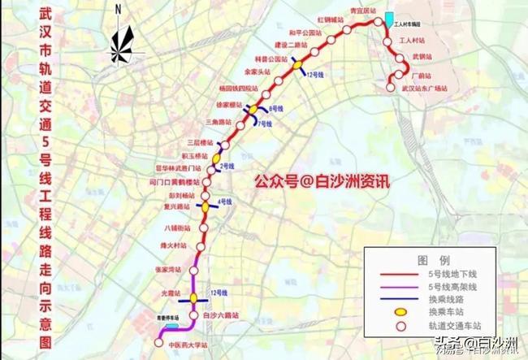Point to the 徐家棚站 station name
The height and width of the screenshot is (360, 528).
(x=228, y=106)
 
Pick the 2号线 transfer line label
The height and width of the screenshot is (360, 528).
(x=227, y=165)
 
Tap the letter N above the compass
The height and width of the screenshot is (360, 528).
(x=118, y=10)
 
